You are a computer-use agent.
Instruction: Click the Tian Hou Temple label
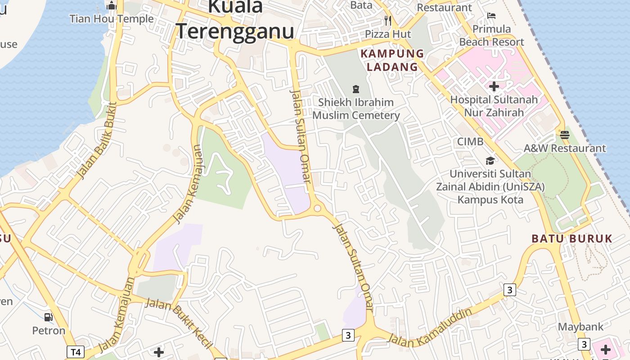(x=112, y=19)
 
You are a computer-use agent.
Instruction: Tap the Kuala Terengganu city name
(x=235, y=20)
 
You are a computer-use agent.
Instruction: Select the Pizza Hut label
(x=388, y=34)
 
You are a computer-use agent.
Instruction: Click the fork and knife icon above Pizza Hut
(x=388, y=21)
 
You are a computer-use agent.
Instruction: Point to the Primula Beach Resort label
(x=491, y=36)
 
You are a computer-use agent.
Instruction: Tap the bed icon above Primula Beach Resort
(x=491, y=16)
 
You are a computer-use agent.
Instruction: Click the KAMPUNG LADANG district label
(x=392, y=60)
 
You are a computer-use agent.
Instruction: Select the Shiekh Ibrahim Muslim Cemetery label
(x=356, y=109)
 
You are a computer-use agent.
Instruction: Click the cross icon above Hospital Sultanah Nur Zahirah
(x=494, y=86)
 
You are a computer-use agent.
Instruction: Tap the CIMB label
(x=470, y=142)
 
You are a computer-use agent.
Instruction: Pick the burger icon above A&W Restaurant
(x=565, y=135)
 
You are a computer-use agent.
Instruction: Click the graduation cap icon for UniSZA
(x=490, y=161)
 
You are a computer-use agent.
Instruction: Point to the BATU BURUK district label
(x=572, y=238)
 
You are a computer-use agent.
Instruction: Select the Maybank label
(x=580, y=327)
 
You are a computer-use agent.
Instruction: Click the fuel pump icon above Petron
(x=49, y=317)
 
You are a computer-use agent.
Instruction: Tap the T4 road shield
(x=76, y=351)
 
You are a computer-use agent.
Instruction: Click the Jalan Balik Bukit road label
(x=97, y=140)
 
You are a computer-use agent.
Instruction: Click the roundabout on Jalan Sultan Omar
(x=317, y=208)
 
